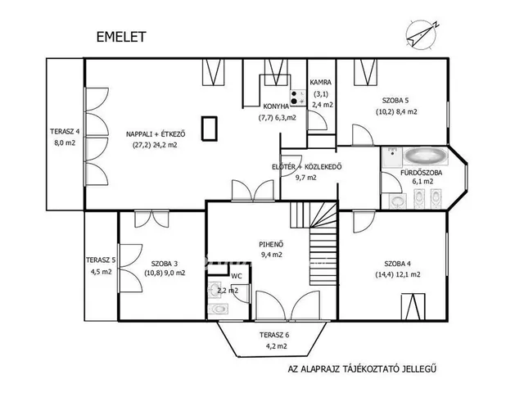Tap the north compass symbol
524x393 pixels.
[x=420, y=33]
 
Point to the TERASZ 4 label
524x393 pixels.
[x=65, y=131]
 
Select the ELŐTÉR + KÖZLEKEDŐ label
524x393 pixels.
[x=305, y=167]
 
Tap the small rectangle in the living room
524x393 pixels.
[x=210, y=129]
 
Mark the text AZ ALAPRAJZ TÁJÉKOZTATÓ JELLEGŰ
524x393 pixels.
[x=373, y=368]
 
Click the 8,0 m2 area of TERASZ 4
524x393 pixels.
[x=65, y=142]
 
